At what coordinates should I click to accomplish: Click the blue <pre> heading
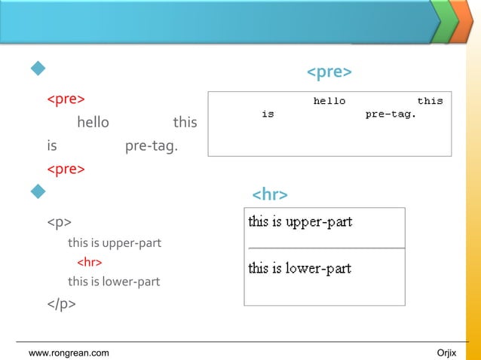pyautogui.click(x=329, y=72)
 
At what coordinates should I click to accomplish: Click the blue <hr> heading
pyautogui.click(x=269, y=196)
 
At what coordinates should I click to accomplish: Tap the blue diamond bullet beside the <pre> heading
pyautogui.click(x=37, y=71)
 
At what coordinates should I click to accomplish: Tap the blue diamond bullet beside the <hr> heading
pyautogui.click(x=37, y=194)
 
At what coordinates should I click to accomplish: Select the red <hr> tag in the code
pyautogui.click(x=90, y=263)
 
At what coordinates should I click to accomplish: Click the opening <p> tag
pyautogui.click(x=60, y=223)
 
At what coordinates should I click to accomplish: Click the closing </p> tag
pyautogui.click(x=62, y=304)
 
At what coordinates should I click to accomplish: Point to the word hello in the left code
pyautogui.click(x=93, y=122)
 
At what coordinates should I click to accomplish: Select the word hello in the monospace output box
pyautogui.click(x=329, y=101)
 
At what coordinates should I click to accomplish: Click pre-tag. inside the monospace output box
pyautogui.click(x=391, y=114)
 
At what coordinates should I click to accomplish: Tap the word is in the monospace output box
pyautogui.click(x=268, y=114)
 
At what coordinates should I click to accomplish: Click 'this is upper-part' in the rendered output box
pyautogui.click(x=300, y=222)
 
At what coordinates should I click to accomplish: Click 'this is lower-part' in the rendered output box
pyautogui.click(x=300, y=268)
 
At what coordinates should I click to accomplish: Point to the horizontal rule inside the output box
pyautogui.click(x=325, y=248)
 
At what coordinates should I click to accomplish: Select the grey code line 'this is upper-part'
pyautogui.click(x=115, y=243)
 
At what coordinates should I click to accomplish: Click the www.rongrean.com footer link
pyautogui.click(x=68, y=353)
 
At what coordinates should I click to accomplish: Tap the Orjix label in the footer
pyautogui.click(x=446, y=353)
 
